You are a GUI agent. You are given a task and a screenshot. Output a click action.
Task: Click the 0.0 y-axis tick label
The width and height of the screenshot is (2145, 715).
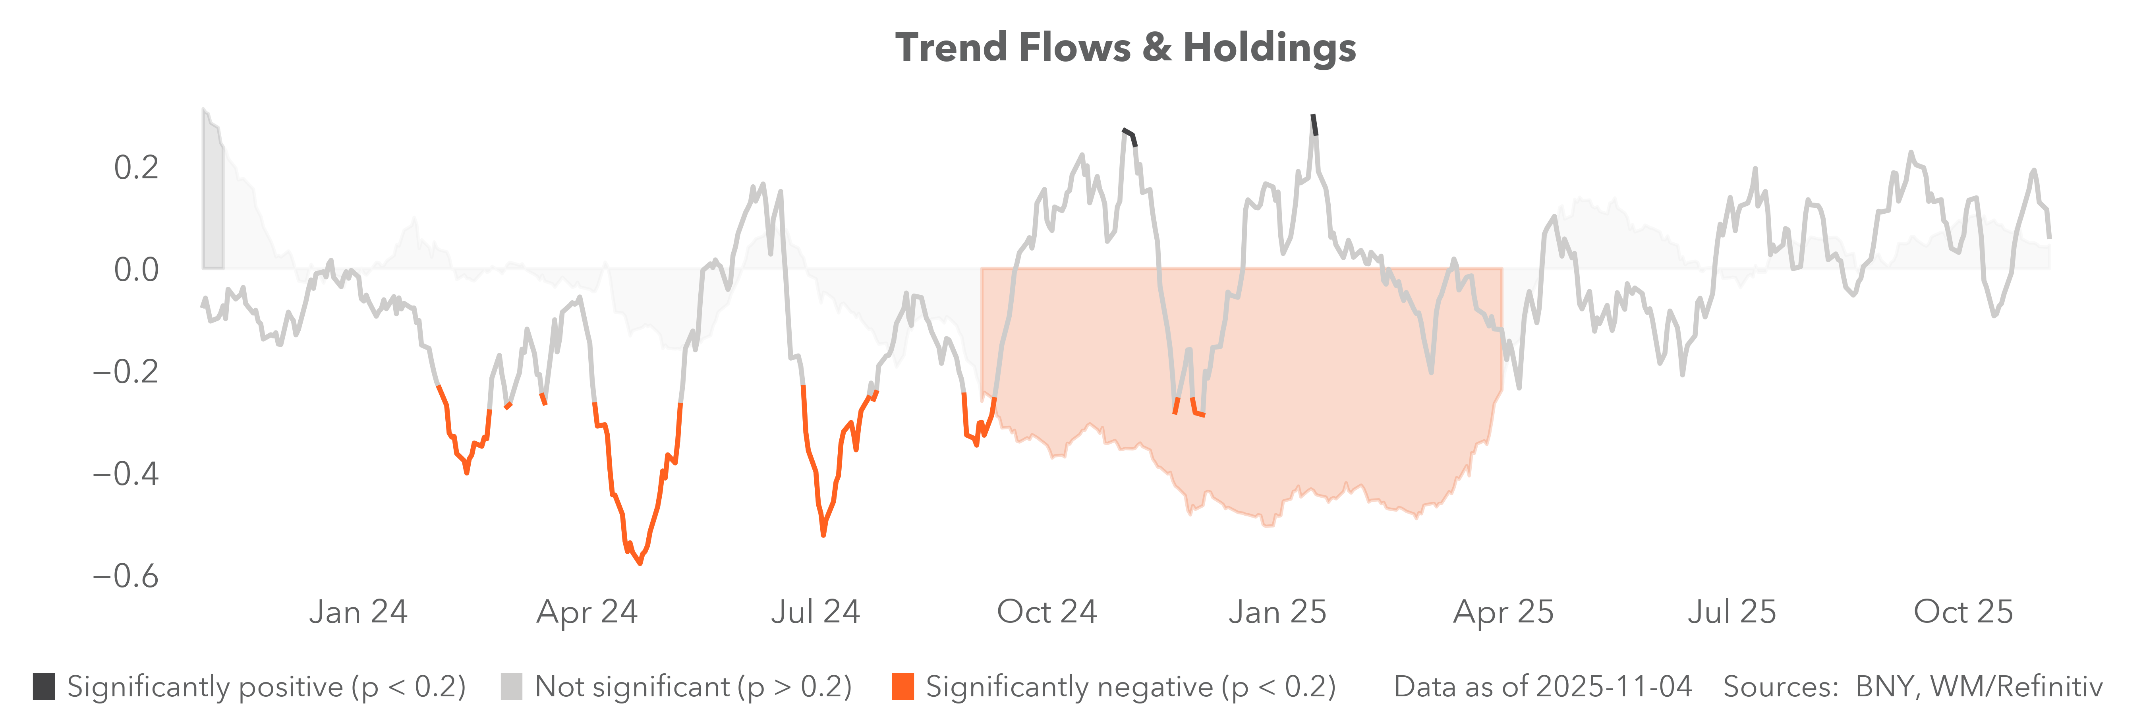click(137, 270)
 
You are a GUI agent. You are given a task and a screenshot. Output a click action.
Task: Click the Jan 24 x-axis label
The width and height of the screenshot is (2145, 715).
click(358, 612)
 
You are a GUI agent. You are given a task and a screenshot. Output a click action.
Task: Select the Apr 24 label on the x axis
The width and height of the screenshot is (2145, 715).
click(587, 612)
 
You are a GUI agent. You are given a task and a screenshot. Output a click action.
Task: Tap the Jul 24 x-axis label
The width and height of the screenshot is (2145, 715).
click(815, 612)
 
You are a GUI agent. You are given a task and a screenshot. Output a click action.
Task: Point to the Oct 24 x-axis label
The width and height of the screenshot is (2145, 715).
click(1047, 612)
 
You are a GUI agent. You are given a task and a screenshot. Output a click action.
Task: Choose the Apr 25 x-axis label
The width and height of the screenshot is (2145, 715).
click(1503, 612)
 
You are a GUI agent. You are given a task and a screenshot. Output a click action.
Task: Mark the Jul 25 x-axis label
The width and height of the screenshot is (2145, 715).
click(1732, 612)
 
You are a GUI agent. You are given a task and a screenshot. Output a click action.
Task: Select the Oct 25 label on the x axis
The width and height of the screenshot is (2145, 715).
click(1963, 612)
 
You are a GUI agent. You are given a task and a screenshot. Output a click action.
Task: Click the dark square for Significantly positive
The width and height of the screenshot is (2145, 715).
click(44, 687)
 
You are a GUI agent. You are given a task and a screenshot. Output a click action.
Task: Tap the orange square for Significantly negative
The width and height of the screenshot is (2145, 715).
click(902, 687)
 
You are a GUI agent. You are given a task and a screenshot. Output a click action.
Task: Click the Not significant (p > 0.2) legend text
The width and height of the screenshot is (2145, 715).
click(693, 687)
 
